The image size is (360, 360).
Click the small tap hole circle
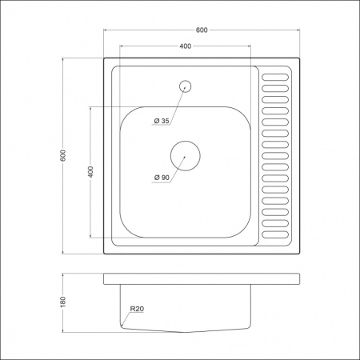(186, 85)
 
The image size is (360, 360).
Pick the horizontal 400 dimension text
(186, 46)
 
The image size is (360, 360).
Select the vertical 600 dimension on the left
(63, 155)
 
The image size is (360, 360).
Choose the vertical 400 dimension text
(91, 171)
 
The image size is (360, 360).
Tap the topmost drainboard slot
(275, 77)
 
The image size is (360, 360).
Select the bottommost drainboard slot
(275, 236)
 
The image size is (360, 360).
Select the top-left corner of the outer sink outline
(104, 57)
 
